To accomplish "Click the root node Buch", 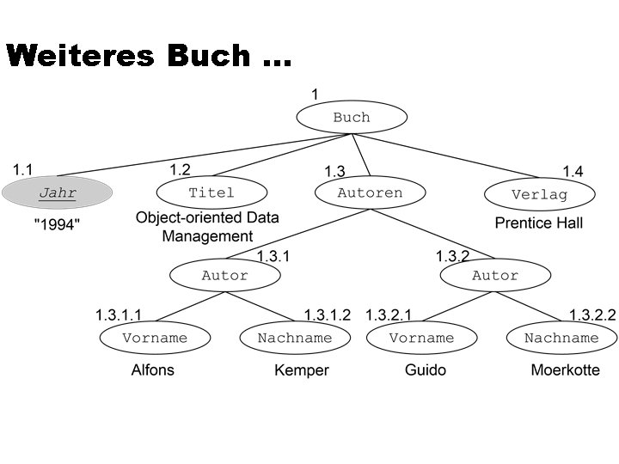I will coord(351,118).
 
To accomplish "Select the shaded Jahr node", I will coord(58,193).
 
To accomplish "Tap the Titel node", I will coord(211,192).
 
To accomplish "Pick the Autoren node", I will coord(370,193).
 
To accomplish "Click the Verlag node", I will coord(539,194).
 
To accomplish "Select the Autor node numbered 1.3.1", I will coord(224,276).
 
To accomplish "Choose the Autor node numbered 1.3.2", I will coord(495,276).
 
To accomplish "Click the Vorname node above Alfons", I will coord(155,338).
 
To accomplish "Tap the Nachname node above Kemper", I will coord(294,338).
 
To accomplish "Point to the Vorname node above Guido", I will coord(421,338).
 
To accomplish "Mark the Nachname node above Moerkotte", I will coord(561,338).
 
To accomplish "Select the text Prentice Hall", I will coord(538,223).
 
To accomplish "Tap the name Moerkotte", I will coord(565,370).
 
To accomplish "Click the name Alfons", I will coord(152,370).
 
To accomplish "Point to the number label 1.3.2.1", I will coord(389,315).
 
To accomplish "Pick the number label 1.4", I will coord(572,172).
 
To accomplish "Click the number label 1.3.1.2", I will coord(328,315).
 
